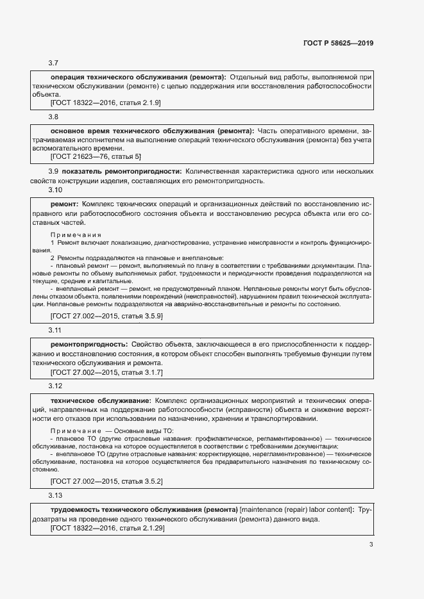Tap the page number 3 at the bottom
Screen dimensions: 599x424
click(371, 545)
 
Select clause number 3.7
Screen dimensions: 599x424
click(53, 63)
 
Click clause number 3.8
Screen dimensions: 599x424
click(53, 117)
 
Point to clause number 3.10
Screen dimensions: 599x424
click(55, 190)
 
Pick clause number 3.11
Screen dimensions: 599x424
click(55, 330)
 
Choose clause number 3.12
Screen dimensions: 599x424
click(55, 386)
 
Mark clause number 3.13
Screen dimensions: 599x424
click(55, 495)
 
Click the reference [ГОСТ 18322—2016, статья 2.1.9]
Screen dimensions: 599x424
click(105, 103)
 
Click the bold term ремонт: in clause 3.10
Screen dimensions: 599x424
click(64, 202)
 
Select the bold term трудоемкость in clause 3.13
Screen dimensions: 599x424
click(76, 509)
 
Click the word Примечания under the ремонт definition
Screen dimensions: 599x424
click(75, 235)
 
